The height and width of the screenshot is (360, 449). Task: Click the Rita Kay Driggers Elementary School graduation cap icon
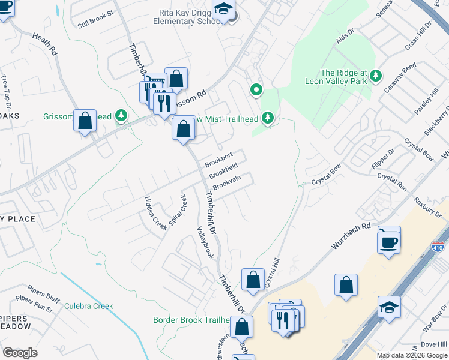[224, 11]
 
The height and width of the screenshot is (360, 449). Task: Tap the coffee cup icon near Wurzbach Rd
[389, 242]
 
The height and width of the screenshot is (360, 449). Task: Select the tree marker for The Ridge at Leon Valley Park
[376, 75]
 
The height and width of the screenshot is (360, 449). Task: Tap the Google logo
[20, 353]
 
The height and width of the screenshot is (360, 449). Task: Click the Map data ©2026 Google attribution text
[412, 355]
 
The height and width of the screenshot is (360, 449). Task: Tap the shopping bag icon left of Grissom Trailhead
[85, 121]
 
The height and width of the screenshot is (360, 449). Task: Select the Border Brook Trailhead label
[190, 320]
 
